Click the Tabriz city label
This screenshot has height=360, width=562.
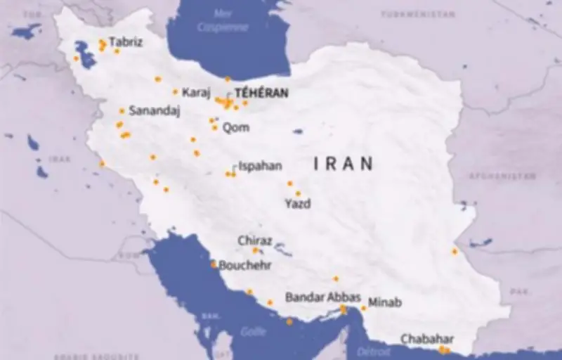pos(126,42)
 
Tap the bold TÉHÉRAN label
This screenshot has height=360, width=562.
pos(261,92)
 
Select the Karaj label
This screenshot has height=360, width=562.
pos(196,92)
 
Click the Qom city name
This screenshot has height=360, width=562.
pos(235,128)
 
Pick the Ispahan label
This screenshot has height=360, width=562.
pos(260,166)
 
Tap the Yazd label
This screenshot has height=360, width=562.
pos(297,203)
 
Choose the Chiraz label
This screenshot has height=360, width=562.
pos(254,240)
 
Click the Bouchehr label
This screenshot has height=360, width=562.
pos(244,266)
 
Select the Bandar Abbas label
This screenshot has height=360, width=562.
pos(322,297)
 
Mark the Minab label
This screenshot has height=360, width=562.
pos(385,302)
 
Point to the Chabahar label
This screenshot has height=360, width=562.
pos(427,339)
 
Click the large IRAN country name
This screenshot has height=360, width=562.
pos(343,164)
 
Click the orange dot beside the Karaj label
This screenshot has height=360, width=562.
pos(176,92)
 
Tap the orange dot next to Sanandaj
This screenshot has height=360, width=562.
pos(122,111)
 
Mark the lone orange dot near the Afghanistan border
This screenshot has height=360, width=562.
pos(455,251)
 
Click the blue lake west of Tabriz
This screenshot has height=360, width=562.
pos(85,54)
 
